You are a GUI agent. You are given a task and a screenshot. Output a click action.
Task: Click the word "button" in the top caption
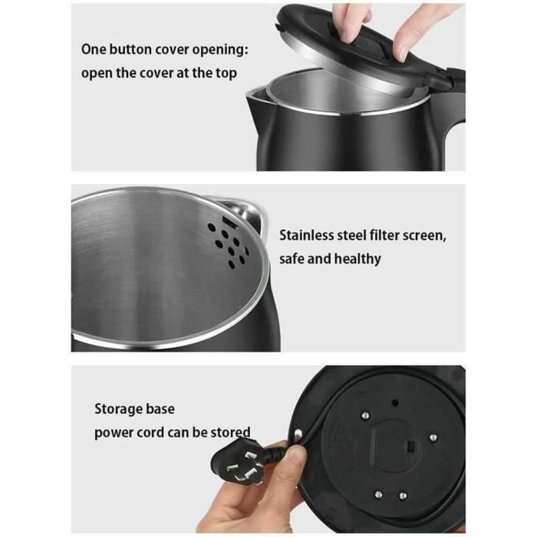pos(131,50)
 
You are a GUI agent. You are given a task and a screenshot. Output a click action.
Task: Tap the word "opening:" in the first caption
pos(220,51)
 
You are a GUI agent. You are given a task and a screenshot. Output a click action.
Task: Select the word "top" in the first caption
pos(226,74)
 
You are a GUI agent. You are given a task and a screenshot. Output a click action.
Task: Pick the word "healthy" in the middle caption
pos(357,259)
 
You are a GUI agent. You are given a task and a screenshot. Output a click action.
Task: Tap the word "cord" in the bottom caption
pos(150,433)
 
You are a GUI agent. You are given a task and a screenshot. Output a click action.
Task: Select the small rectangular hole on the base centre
pos(411,446)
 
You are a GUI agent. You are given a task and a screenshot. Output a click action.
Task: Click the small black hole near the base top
pos(395,403)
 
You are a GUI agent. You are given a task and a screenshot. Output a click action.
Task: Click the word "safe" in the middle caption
pos(292,259)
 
